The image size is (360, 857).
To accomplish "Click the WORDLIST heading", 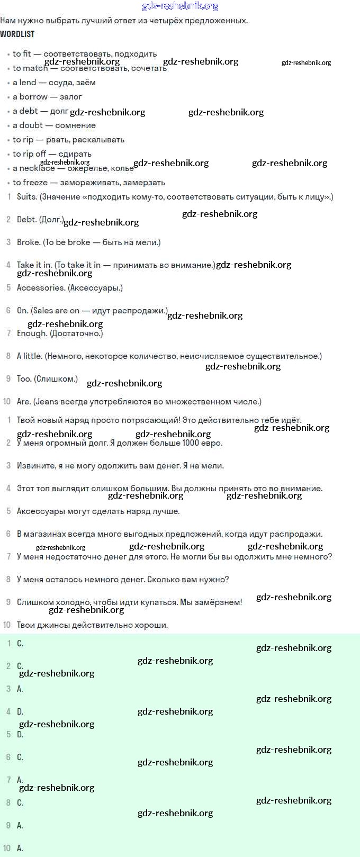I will click(x=17, y=34).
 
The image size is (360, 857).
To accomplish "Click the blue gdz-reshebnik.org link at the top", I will click(x=180, y=6).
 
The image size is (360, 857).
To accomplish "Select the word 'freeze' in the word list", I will click(x=35, y=183).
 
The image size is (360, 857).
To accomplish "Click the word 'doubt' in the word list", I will click(x=31, y=125).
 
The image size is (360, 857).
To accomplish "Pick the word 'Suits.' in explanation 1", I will click(x=27, y=197).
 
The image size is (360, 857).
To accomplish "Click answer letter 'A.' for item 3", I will click(x=20, y=689).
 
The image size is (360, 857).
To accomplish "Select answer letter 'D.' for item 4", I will click(x=20, y=712).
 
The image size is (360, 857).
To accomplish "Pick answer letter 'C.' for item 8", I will click(x=20, y=803).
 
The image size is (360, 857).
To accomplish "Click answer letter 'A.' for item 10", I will click(x=20, y=849).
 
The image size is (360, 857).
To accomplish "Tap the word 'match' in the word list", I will click(x=35, y=68).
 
